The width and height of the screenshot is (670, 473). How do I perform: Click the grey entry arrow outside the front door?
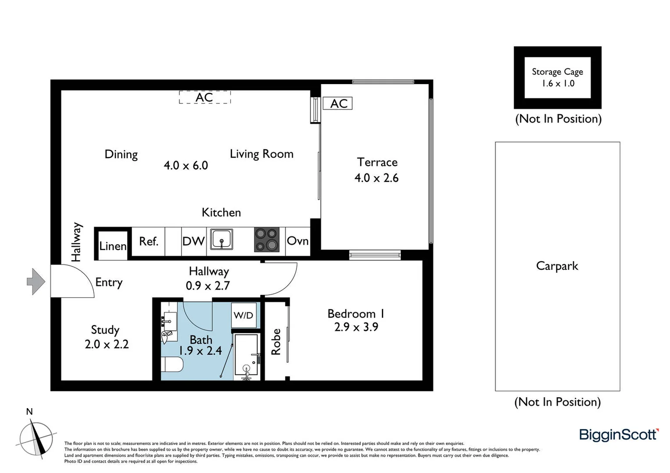coord(36,281)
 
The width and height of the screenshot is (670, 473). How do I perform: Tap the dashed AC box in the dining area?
coord(205,97)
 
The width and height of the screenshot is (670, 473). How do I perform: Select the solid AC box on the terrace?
coord(338,103)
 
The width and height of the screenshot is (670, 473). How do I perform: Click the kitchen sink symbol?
coord(221,240)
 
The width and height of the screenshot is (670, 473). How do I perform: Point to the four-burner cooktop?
coord(267,240)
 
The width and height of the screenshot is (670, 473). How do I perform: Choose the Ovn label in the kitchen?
coord(298,240)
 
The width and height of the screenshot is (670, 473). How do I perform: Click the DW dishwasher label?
coord(193,241)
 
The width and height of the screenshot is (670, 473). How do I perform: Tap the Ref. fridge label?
coord(149,241)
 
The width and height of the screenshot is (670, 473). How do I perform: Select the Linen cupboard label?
coord(113,246)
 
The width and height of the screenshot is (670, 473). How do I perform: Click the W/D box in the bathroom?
coord(243,315)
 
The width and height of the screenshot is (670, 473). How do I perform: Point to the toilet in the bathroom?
coord(172,364)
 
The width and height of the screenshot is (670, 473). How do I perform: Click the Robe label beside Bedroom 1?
coord(276,342)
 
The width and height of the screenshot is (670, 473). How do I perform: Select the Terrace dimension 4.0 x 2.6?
coord(376,178)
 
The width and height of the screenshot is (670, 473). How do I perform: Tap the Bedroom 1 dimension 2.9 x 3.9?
coord(356,327)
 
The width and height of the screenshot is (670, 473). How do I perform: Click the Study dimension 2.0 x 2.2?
coord(107,344)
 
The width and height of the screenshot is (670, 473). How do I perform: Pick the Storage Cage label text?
coord(557,71)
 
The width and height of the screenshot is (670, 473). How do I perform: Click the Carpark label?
coord(557,266)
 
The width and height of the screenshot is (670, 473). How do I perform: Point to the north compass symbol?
coord(36,438)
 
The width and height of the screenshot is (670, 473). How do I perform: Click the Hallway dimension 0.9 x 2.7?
coord(208,286)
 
